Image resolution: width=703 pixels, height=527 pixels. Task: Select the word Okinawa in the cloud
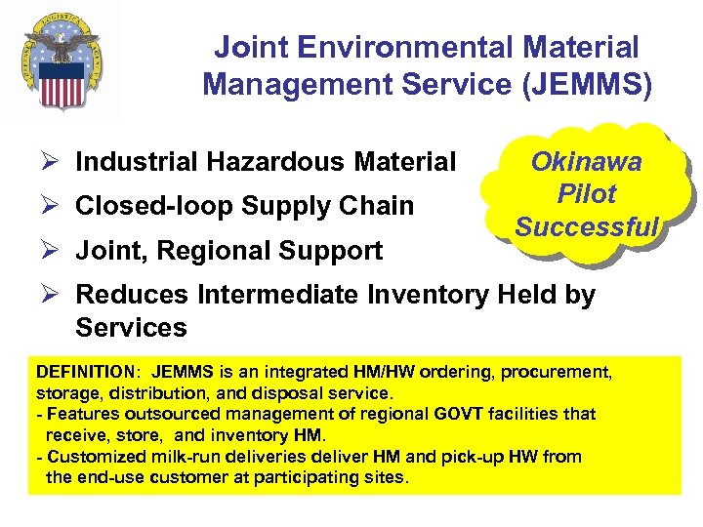(586, 162)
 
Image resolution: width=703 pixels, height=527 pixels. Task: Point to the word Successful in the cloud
(587, 227)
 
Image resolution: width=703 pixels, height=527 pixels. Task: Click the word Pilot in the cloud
(586, 194)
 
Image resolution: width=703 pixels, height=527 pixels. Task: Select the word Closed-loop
(154, 206)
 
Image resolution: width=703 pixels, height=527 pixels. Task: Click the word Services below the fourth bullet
(131, 327)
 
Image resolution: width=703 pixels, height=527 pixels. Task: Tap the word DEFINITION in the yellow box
(83, 373)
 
